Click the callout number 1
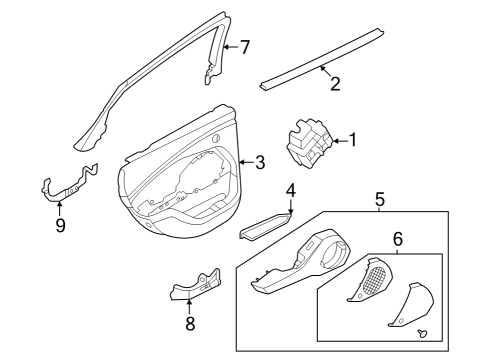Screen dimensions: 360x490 pos(352,140)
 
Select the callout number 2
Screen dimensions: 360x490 pos(335,84)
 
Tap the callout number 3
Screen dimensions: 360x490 pos(259,162)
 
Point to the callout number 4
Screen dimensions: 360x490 pos(291,190)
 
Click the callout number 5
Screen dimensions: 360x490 pos(379,200)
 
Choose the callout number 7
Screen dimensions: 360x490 pos(245,46)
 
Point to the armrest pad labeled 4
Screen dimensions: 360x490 pos(265,225)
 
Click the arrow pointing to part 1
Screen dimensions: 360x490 pos(336,140)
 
